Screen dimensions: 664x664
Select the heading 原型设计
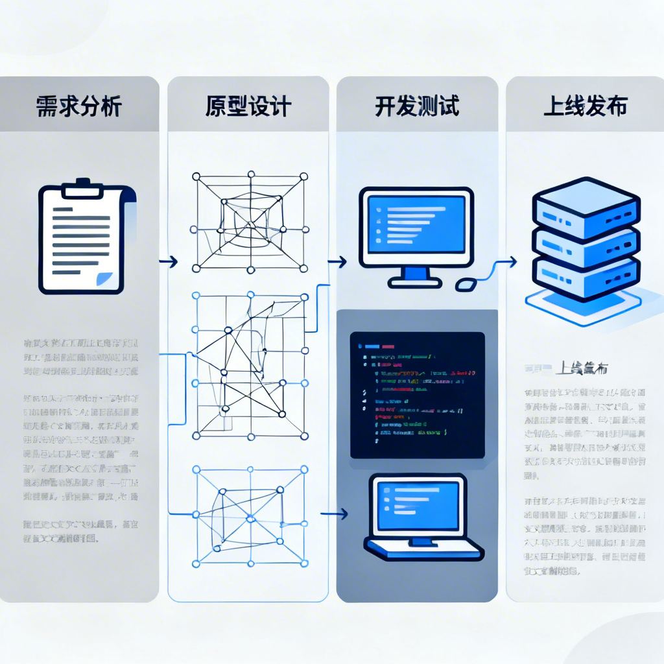point(248,106)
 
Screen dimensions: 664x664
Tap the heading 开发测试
point(417,106)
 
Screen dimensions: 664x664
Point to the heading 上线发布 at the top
point(585,106)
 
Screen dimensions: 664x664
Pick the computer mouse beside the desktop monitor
point(466,283)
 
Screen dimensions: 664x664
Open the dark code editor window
point(417,395)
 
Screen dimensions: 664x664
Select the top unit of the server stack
point(585,207)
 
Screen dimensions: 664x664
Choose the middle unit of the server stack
point(585,243)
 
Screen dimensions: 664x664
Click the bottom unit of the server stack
point(585,278)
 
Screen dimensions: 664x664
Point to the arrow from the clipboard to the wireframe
point(169,262)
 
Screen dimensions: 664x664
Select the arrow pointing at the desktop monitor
point(337,262)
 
